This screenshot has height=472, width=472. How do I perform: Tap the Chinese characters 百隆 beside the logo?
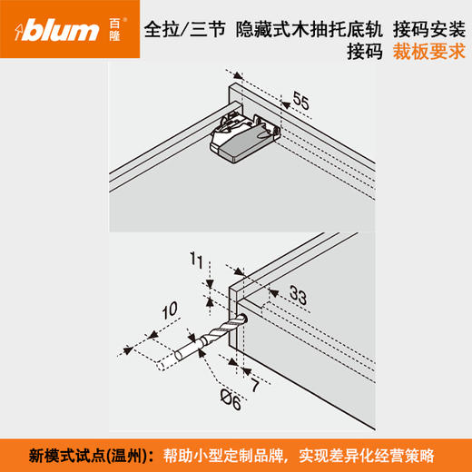coord(115,31)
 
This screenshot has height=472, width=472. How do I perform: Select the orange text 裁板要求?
coord(428,51)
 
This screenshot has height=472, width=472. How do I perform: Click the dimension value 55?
coord(300,105)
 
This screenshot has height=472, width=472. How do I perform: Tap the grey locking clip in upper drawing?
coord(243,138)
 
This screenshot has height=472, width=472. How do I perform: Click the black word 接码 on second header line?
coord(365,51)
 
